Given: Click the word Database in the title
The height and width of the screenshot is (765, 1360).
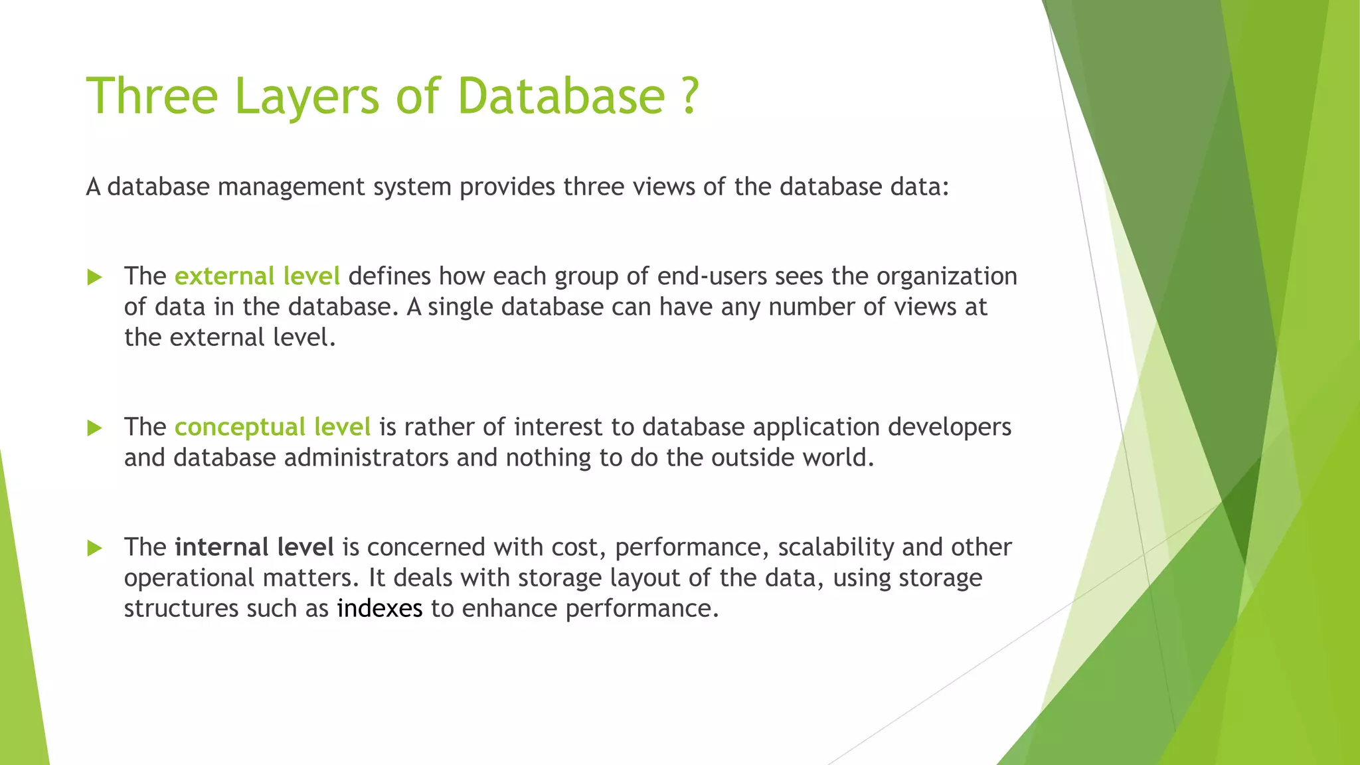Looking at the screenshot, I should tap(561, 96).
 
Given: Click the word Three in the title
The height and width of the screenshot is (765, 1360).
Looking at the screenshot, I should tap(152, 96).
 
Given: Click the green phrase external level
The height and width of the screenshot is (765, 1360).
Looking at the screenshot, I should tap(257, 276).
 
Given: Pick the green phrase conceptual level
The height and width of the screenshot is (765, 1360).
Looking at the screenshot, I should tap(272, 427).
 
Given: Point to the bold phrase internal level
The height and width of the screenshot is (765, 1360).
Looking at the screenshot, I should tap(254, 547).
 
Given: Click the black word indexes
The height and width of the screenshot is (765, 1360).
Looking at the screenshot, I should tap(379, 608).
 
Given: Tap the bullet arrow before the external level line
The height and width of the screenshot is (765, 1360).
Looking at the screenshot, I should tap(95, 277).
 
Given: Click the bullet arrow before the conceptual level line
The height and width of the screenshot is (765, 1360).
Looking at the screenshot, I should tap(95, 428).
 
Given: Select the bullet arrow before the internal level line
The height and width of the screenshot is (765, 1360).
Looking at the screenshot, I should tap(95, 548).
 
